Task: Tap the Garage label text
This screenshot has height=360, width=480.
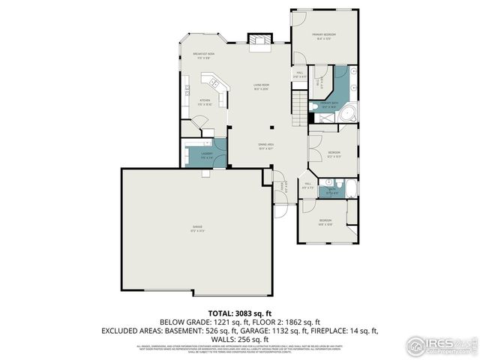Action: tap(197, 228)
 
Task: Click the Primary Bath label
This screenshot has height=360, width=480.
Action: tap(329, 103)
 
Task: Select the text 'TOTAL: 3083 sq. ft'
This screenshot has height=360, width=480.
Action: tap(239, 312)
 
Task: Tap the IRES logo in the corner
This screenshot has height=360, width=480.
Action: tap(442, 346)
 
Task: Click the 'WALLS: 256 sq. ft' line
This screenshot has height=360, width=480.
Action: tap(240, 338)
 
